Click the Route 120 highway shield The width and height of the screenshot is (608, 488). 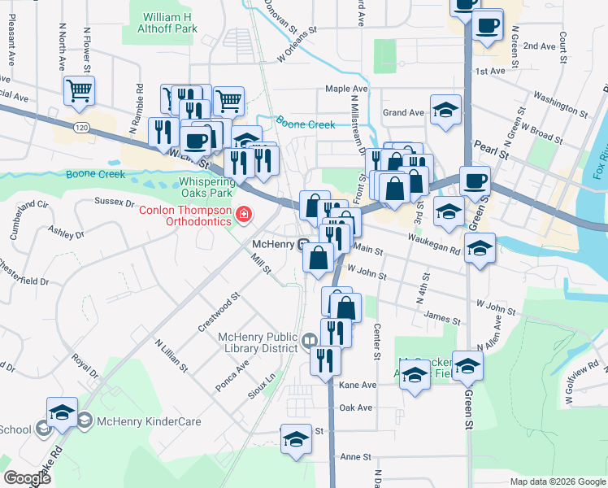click(x=80, y=127)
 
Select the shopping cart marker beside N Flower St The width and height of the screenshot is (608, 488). click(x=79, y=91)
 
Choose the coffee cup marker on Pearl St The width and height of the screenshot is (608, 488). click(x=475, y=181)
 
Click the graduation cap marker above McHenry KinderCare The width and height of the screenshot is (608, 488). click(x=62, y=412)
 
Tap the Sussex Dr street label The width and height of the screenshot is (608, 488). click(x=115, y=201)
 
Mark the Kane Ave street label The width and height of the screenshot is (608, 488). click(x=358, y=384)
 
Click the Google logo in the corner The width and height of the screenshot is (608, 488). click(x=27, y=478)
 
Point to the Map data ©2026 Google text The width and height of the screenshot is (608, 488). click(x=557, y=481)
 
